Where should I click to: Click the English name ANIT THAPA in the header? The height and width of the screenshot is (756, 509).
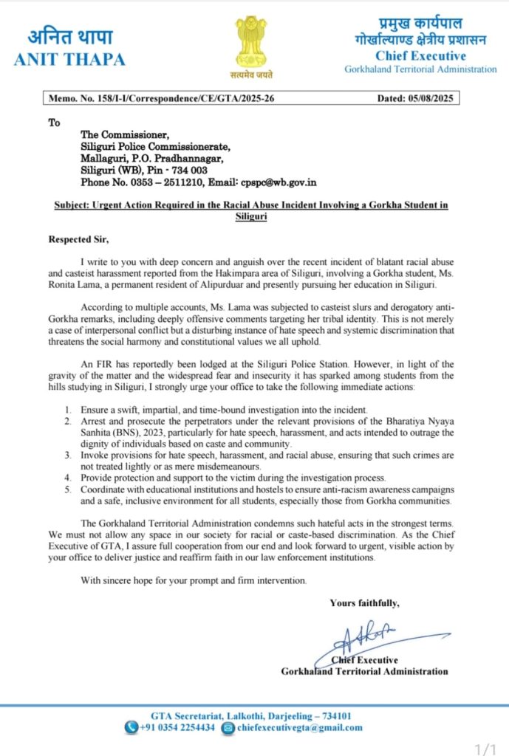(69, 60)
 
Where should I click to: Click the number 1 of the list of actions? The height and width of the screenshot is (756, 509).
(87, 409)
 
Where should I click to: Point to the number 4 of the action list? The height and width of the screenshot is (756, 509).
(87, 477)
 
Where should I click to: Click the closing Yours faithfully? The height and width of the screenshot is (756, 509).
(364, 602)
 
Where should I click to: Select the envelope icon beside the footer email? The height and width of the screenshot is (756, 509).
(228, 727)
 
